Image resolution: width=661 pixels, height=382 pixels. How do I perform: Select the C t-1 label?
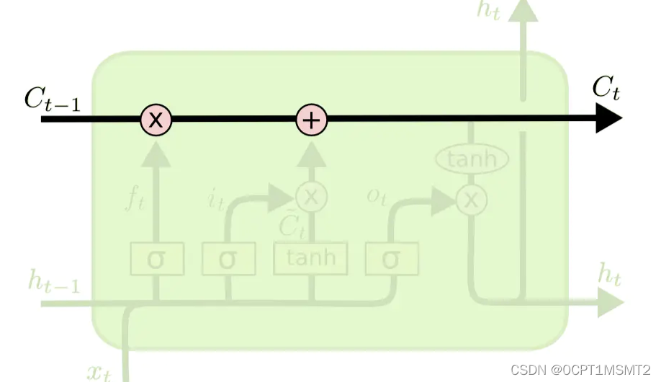click(52, 99)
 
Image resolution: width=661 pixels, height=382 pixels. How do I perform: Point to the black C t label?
click(606, 89)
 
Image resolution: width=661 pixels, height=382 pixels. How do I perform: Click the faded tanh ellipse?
click(472, 159)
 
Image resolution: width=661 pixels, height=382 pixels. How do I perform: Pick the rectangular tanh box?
click(310, 259)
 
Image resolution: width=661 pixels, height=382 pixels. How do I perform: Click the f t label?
click(136, 200)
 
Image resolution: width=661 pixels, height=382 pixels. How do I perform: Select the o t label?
click(377, 197)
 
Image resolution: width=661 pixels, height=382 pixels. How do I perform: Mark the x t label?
click(99, 372)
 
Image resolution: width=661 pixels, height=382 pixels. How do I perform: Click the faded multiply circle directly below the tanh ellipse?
click(471, 200)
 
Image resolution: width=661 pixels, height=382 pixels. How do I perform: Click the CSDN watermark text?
click(580, 369)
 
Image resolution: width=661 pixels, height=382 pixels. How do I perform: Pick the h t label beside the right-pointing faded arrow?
click(609, 274)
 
